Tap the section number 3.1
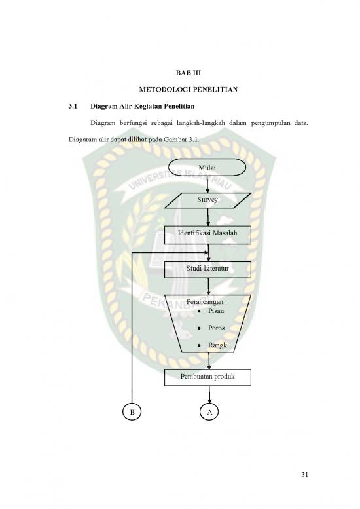coord(73,106)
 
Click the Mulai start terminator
coord(207,168)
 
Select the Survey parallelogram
coord(207,200)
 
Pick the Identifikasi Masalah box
coord(207,235)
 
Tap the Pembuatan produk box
coord(207,376)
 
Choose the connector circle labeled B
coord(132,412)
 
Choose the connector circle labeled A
coord(209,412)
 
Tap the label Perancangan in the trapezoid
coord(207,302)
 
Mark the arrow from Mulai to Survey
coord(207,184)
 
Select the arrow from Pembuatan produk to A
coord(209,394)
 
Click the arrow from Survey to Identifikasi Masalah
coord(207,217)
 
